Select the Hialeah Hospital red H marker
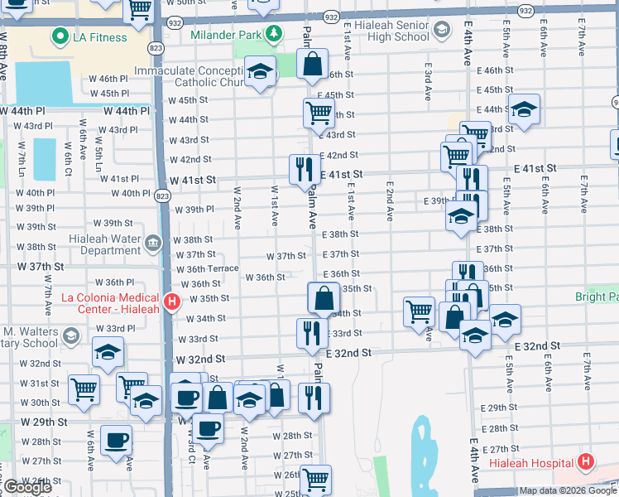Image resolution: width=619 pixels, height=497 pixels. (586, 462)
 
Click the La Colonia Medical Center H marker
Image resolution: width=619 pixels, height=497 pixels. (171, 302)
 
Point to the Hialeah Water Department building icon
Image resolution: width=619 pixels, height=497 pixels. (152, 242)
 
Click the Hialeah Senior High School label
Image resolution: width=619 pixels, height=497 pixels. (389, 31)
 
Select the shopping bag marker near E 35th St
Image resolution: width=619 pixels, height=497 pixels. (324, 297)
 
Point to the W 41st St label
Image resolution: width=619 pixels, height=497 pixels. (193, 180)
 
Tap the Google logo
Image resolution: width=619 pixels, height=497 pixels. (27, 487)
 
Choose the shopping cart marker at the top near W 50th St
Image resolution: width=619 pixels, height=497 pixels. (139, 10)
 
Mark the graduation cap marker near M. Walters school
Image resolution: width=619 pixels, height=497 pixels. (108, 354)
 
